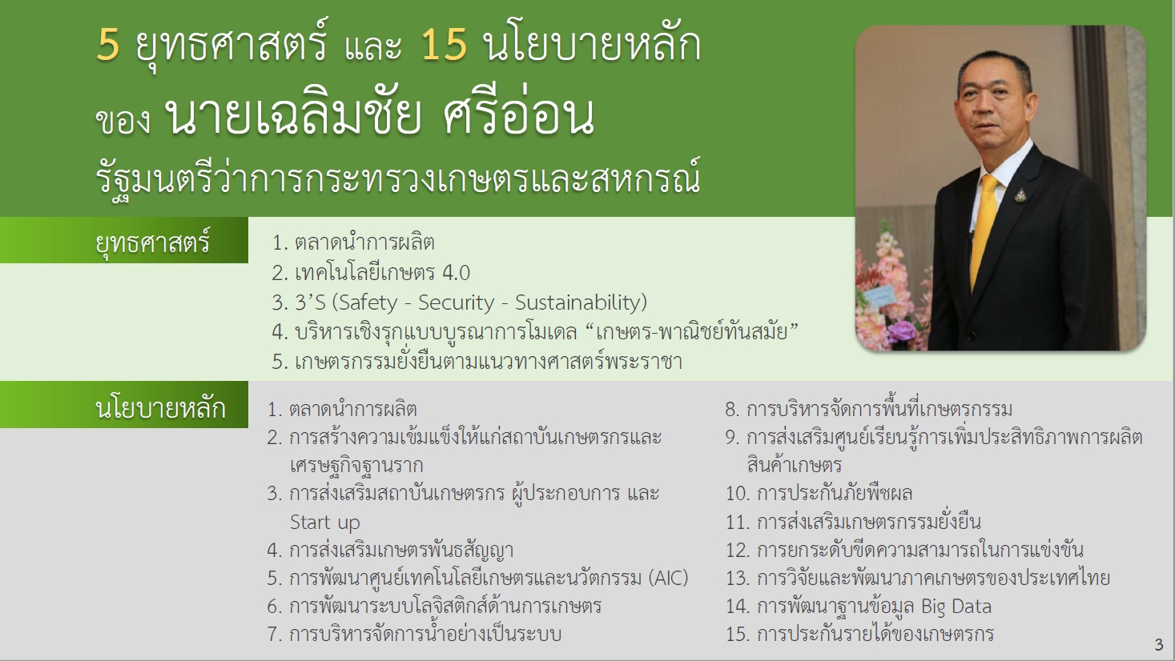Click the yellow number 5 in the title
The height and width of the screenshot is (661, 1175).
tap(108, 45)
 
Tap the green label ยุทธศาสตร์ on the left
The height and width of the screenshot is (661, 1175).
tap(153, 242)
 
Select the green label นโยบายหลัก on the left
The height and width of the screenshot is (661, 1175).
tap(160, 408)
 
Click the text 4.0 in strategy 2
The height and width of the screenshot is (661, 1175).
tap(457, 273)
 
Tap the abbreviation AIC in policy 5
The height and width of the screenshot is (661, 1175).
tap(668, 578)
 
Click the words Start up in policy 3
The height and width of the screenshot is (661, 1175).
tap(324, 522)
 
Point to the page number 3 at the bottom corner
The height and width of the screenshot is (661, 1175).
tap(1159, 645)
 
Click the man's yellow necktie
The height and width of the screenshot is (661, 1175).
tap(983, 230)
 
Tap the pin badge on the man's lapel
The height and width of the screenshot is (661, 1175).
tap(1020, 195)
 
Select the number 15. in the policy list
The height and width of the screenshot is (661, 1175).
tap(738, 635)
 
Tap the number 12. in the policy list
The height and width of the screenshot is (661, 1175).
tap(738, 550)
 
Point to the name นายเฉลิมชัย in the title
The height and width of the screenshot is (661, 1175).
tap(292, 115)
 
